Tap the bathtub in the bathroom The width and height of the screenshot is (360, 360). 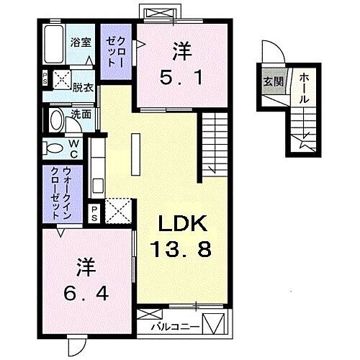coord(55,45)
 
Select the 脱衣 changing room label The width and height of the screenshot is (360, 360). coord(83,88)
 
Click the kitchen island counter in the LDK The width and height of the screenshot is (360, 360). coord(135,156)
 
